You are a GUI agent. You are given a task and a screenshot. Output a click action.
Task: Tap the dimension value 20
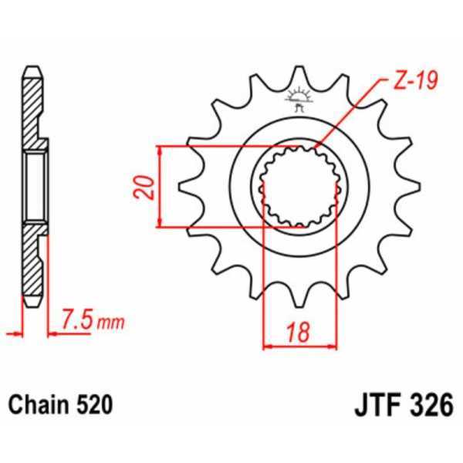pyautogui.click(x=144, y=187)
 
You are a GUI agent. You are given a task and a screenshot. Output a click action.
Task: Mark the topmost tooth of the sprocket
pyautogui.click(x=299, y=77)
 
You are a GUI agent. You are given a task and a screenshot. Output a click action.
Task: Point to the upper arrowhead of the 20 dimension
pyautogui.click(x=160, y=149)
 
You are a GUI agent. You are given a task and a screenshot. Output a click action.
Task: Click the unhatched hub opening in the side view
pyautogui.click(x=35, y=187)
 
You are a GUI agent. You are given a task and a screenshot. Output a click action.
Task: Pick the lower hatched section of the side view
pyautogui.click(x=34, y=262)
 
